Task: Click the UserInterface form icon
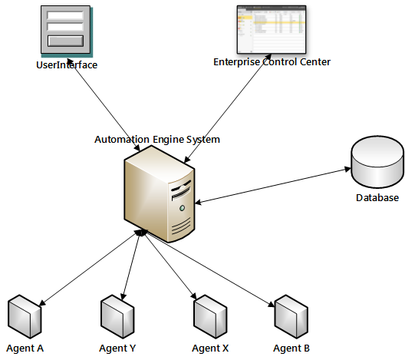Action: tap(67, 31)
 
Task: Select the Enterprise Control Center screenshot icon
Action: tap(272, 29)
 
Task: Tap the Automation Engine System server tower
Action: tap(160, 194)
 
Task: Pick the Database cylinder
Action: tap(377, 162)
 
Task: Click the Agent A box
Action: tap(25, 316)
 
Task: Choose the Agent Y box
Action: tap(117, 316)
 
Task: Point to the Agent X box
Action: tap(210, 316)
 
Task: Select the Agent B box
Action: tap(291, 316)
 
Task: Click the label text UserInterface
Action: tap(67, 65)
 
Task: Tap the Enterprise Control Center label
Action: tap(272, 62)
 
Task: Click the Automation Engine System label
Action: tap(157, 140)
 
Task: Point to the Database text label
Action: tap(377, 198)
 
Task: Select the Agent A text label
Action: tap(25, 348)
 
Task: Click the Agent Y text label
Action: tap(117, 348)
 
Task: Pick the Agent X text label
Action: tap(210, 348)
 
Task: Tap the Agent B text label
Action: tap(291, 348)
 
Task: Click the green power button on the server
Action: tap(182, 208)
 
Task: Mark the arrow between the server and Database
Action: tap(273, 186)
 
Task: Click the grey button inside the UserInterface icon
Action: tap(66, 41)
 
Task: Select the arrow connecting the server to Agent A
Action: tap(91, 268)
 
